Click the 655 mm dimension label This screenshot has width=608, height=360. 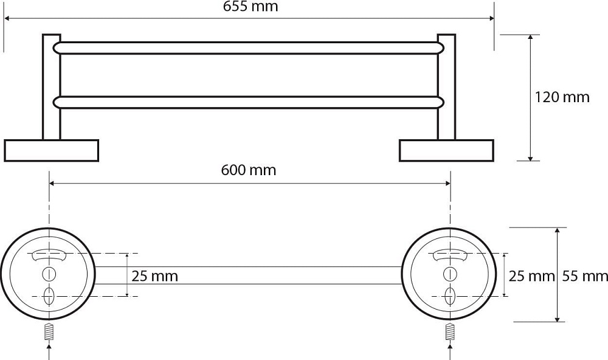[250, 7]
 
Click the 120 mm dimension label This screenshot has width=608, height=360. [562, 97]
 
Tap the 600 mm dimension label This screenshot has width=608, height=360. [249, 170]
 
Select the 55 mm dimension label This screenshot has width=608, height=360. [585, 276]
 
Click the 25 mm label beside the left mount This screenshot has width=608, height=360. [154, 276]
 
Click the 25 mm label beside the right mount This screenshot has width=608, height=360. [531, 276]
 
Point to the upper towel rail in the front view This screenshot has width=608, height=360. [249, 47]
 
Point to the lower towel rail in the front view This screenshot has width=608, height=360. [249, 102]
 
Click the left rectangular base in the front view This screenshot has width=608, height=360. [52, 151]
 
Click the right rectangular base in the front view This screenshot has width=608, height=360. [446, 151]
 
